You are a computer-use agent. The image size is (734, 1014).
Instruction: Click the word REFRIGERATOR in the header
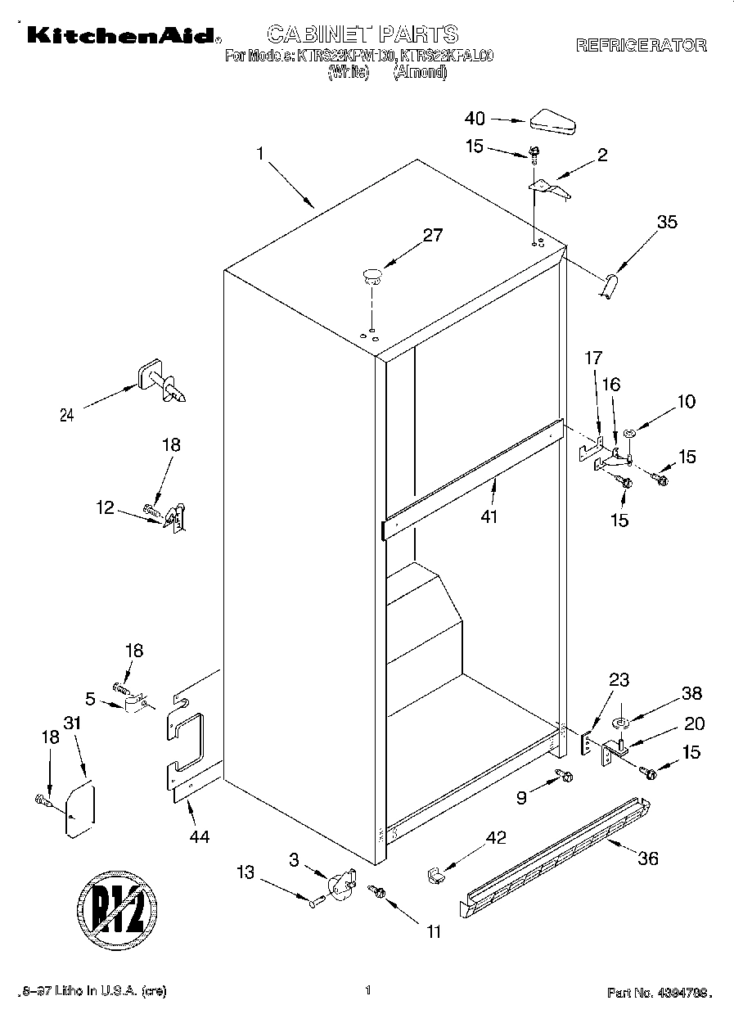tap(641, 46)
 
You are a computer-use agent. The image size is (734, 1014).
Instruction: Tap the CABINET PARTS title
tap(362, 34)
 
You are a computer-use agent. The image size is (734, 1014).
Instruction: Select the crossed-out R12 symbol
tap(116, 908)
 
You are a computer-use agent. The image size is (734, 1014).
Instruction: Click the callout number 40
tap(475, 119)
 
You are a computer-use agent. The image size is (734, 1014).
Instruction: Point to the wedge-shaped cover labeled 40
tap(553, 120)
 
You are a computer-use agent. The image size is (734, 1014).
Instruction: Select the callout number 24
tap(67, 415)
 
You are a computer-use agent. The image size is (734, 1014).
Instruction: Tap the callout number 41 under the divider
tap(489, 517)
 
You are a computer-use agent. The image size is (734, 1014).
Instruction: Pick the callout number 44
tap(199, 836)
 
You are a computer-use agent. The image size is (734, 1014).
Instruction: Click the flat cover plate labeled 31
tap(80, 809)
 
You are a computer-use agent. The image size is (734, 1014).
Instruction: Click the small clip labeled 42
tap(435, 875)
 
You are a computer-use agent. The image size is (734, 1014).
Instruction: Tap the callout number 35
tap(667, 221)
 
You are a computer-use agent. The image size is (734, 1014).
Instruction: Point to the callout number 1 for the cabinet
tap(259, 153)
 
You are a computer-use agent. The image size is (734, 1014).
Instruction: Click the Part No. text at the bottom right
tap(659, 993)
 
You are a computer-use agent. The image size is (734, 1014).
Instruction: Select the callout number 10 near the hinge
tap(685, 401)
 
